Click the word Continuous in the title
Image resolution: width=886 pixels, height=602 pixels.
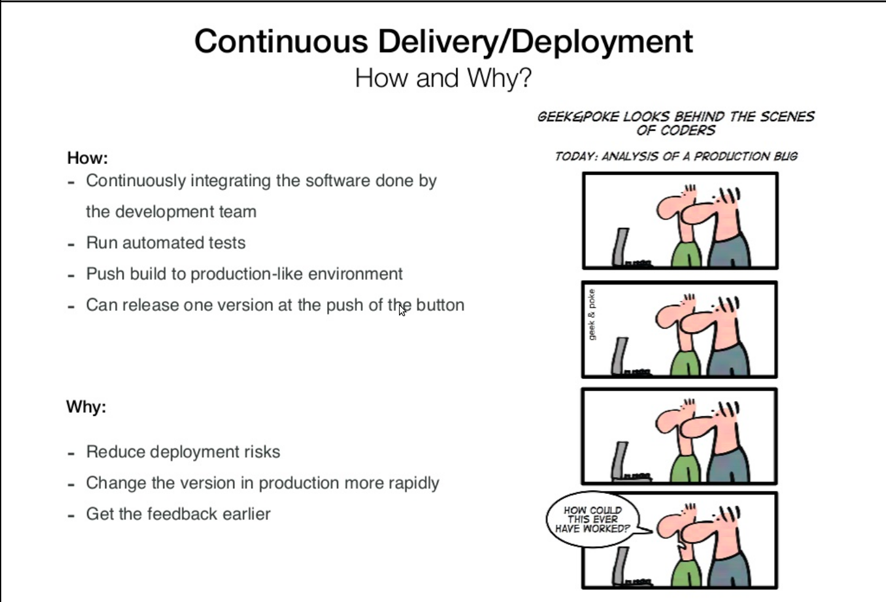tap(281, 42)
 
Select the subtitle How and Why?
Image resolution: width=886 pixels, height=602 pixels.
tap(443, 79)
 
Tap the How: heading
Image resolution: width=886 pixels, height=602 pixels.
tap(87, 158)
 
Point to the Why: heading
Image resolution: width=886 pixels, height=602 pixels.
tap(86, 407)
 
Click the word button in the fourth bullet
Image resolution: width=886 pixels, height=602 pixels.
tap(440, 305)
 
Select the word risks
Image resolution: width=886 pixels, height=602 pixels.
tap(262, 452)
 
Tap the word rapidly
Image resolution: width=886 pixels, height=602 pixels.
tap(414, 483)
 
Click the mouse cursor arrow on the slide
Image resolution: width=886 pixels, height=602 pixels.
tap(401, 310)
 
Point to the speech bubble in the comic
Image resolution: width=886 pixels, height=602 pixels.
tap(592, 520)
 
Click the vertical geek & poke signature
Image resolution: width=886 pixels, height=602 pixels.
tap(591, 315)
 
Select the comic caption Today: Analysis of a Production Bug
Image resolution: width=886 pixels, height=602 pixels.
tap(676, 157)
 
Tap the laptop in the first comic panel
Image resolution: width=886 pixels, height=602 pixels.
tap(622, 247)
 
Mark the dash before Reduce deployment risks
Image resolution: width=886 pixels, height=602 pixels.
tap(71, 453)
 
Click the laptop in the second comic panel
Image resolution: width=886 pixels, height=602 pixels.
tap(622, 356)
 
